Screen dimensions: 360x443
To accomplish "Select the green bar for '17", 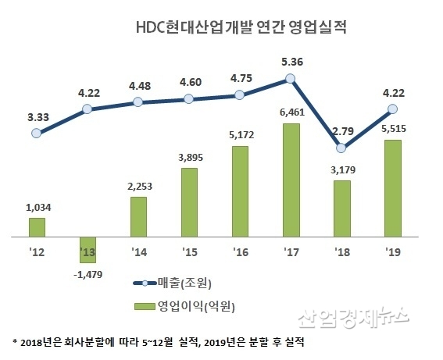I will pos(291,180).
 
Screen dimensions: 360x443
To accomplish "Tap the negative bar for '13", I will pos(88,249).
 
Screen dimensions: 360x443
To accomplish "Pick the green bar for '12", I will pos(37,226).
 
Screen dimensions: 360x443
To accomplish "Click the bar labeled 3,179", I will pos(341,208).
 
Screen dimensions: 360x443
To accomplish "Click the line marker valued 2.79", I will pos(341,148).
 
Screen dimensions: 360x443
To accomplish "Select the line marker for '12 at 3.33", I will pos(37,134).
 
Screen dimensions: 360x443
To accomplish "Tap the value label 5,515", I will pos(392,129).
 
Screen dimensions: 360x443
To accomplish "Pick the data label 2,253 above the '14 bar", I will pos(138,186).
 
